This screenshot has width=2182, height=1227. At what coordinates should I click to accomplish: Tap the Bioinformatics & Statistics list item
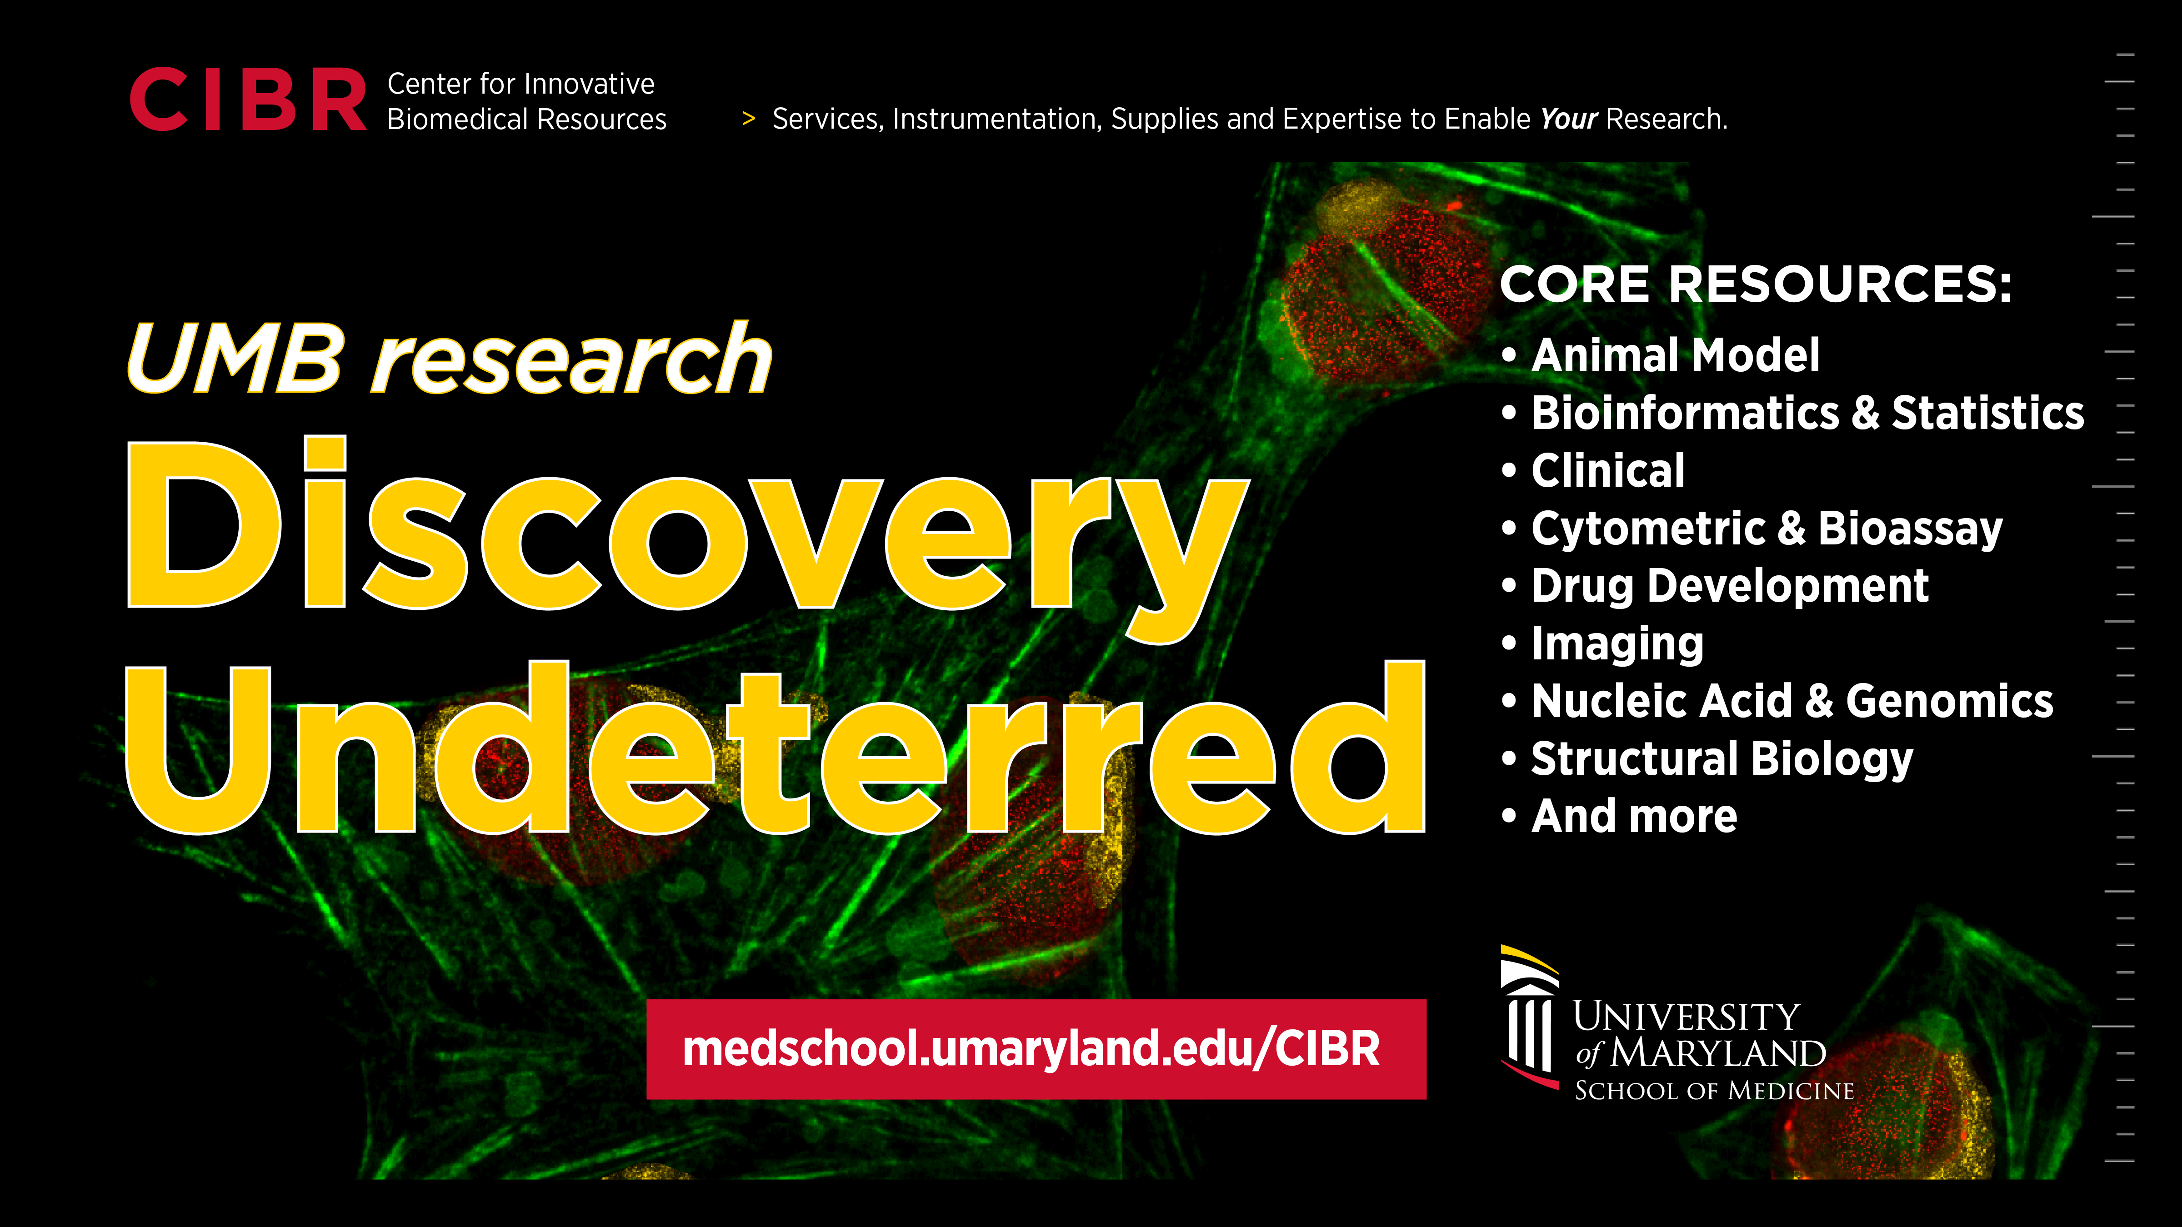point(1792,413)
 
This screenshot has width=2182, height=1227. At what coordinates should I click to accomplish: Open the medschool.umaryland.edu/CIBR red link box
point(1036,1049)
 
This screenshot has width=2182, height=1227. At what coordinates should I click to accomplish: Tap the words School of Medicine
point(1714,1091)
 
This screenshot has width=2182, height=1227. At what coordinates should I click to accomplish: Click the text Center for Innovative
point(521,84)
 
